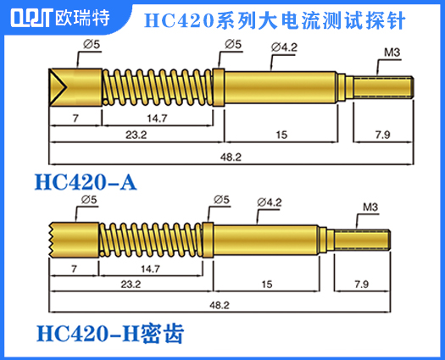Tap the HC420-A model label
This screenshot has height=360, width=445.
click(85, 182)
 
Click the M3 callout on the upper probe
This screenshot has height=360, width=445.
click(392, 53)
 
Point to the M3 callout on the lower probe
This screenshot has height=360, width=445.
click(370, 207)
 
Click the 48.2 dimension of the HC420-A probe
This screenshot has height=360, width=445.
click(231, 157)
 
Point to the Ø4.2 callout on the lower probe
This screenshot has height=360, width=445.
click(269, 202)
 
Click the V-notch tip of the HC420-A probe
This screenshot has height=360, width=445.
click(59, 85)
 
